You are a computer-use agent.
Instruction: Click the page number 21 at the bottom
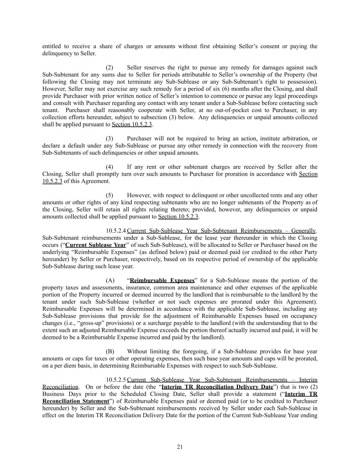180,447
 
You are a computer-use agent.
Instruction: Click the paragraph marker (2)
110,68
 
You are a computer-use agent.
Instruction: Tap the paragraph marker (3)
110,139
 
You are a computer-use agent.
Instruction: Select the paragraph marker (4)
110,167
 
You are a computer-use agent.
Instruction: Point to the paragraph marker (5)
110,195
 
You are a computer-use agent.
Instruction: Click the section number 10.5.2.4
116,231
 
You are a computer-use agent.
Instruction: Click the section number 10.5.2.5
116,380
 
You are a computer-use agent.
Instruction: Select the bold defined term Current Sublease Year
96,245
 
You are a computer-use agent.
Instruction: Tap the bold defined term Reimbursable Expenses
162,281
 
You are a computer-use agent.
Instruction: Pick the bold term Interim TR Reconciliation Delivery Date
217,387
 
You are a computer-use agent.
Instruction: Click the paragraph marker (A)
110,281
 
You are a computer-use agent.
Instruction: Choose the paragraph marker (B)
110,352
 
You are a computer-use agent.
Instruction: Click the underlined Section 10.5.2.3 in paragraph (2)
132,124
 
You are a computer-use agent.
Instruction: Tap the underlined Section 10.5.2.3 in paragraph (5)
178,217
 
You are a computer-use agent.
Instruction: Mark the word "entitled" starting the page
52,46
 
